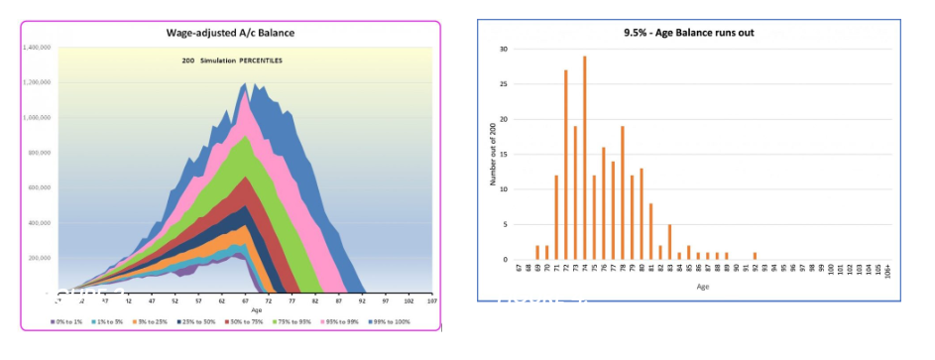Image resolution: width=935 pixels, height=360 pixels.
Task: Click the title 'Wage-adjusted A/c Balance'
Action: pos(230,33)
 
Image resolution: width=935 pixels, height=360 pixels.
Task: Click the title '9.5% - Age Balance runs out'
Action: pos(688,32)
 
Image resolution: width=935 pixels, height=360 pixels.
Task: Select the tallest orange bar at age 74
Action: pos(585,158)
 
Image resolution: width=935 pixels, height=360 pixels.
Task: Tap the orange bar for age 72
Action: pos(566,165)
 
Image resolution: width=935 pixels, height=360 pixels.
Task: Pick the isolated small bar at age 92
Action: pos(755,256)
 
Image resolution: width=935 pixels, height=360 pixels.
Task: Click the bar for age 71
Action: pos(556,217)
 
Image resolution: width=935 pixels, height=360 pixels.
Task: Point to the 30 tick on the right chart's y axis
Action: pos(504,49)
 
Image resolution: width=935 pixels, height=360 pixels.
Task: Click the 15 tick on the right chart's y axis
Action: pos(504,155)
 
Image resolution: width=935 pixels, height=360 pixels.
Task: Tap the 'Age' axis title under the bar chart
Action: pos(702,287)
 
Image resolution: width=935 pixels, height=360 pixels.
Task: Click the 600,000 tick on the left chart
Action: pos(38,187)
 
